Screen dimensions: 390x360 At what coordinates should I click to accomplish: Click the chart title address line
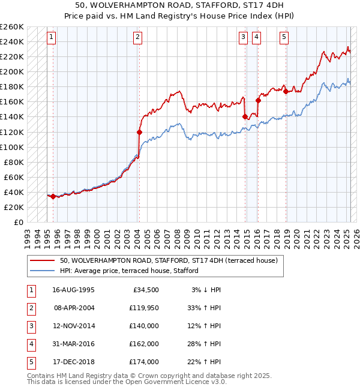(x=179, y=6)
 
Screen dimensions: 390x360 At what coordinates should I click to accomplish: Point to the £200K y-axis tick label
(x=13, y=71)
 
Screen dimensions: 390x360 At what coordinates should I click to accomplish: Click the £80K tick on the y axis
(x=15, y=162)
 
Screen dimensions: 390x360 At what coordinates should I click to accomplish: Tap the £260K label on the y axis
(x=13, y=26)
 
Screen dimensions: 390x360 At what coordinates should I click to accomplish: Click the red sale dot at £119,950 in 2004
(x=139, y=132)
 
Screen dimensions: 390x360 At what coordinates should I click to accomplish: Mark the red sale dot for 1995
(x=53, y=196)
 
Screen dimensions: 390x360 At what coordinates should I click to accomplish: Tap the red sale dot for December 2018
(x=286, y=91)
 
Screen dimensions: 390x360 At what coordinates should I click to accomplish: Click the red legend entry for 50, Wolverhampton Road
(x=168, y=261)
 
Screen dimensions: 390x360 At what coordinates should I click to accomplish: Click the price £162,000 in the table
(x=143, y=344)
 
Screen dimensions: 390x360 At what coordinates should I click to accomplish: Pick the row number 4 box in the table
(x=31, y=344)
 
